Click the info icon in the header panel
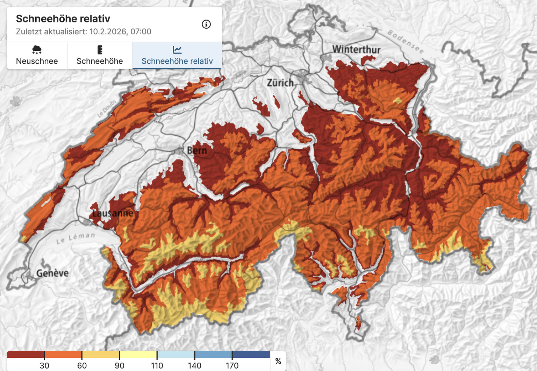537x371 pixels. pyautogui.click(x=206, y=24)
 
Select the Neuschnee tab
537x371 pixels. pyautogui.click(x=37, y=55)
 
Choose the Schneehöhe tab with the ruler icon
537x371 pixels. pyautogui.click(x=100, y=55)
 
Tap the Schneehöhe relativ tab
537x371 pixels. pyautogui.click(x=177, y=55)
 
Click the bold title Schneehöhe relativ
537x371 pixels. pyautogui.click(x=63, y=19)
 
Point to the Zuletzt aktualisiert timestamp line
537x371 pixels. pyautogui.click(x=84, y=31)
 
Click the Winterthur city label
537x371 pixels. pyautogui.click(x=356, y=49)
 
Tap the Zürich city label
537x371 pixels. pyautogui.click(x=280, y=83)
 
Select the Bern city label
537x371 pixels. pyautogui.click(x=197, y=150)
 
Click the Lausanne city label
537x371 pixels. pyautogui.click(x=113, y=213)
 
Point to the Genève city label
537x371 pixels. pyautogui.click(x=52, y=273)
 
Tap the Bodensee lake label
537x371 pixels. pyautogui.click(x=406, y=42)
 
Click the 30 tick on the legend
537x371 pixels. pyautogui.click(x=44, y=365)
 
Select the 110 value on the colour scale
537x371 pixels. pyautogui.click(x=157, y=365)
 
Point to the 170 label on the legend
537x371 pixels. pyautogui.click(x=232, y=365)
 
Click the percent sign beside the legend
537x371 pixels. pyautogui.click(x=278, y=361)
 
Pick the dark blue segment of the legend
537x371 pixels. pyautogui.click(x=251, y=355)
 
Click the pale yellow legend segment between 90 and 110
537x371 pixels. pyautogui.click(x=138, y=355)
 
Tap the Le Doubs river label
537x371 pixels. pyautogui.click(x=107, y=108)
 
